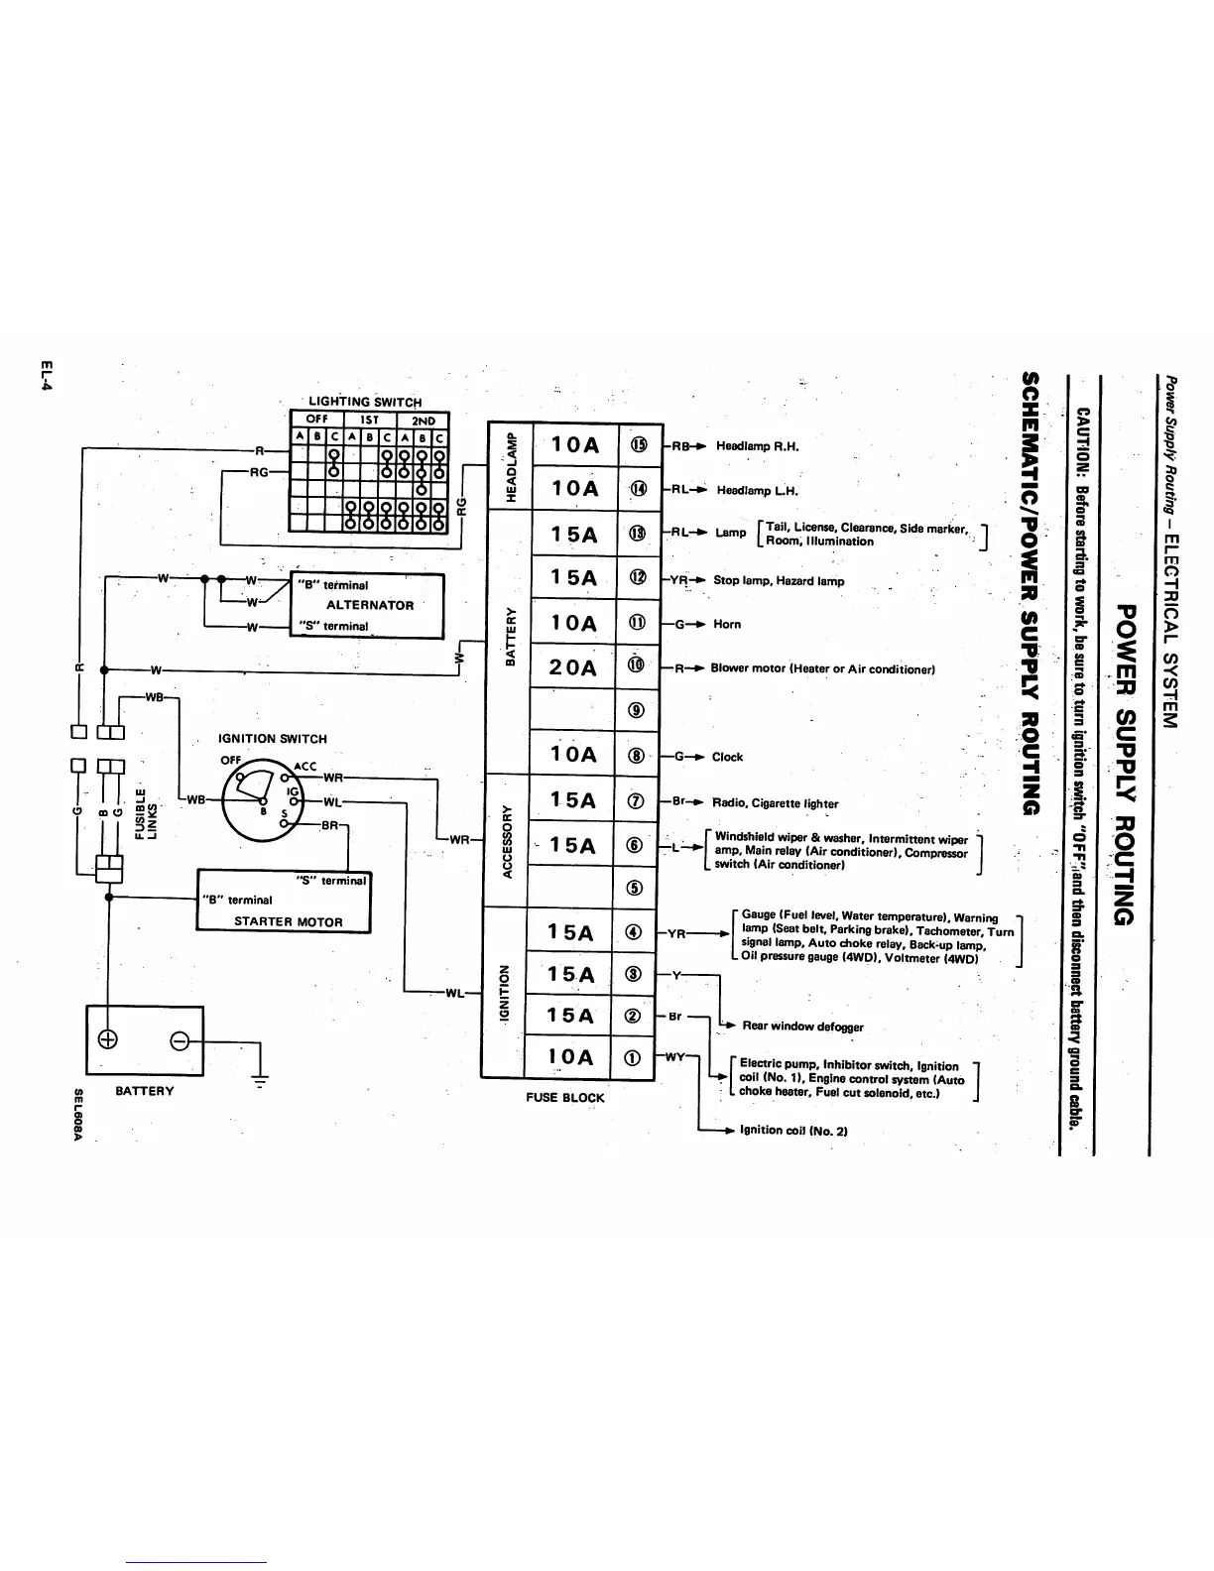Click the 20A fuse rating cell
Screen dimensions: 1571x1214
pos(574,667)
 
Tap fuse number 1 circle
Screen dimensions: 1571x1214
pos(635,1058)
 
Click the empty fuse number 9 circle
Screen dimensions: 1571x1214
pos(637,709)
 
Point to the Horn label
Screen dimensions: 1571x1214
pos(727,625)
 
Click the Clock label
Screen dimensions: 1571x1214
pos(727,757)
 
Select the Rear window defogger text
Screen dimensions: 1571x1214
pos(802,1027)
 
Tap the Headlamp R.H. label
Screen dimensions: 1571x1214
pos(758,446)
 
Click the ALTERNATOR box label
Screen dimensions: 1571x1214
pos(370,605)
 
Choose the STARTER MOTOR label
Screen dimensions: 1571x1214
pos(288,921)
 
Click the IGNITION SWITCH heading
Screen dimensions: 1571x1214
pos(272,739)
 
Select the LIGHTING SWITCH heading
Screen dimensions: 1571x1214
pos(365,402)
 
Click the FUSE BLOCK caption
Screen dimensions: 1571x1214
pos(564,1098)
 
